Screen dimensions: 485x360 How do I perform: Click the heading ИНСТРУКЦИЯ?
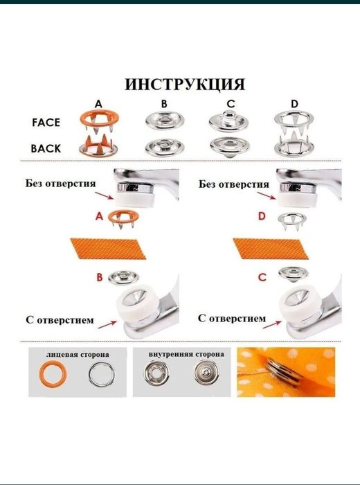(x=185, y=85)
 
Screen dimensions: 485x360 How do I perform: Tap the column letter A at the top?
(x=98, y=104)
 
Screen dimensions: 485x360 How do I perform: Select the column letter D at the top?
(x=295, y=104)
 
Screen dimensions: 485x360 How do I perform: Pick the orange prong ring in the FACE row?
(x=98, y=121)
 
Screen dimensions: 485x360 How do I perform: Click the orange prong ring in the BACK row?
(x=98, y=146)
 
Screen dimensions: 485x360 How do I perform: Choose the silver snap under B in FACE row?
(x=163, y=122)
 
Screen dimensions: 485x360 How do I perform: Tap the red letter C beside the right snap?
(x=262, y=278)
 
